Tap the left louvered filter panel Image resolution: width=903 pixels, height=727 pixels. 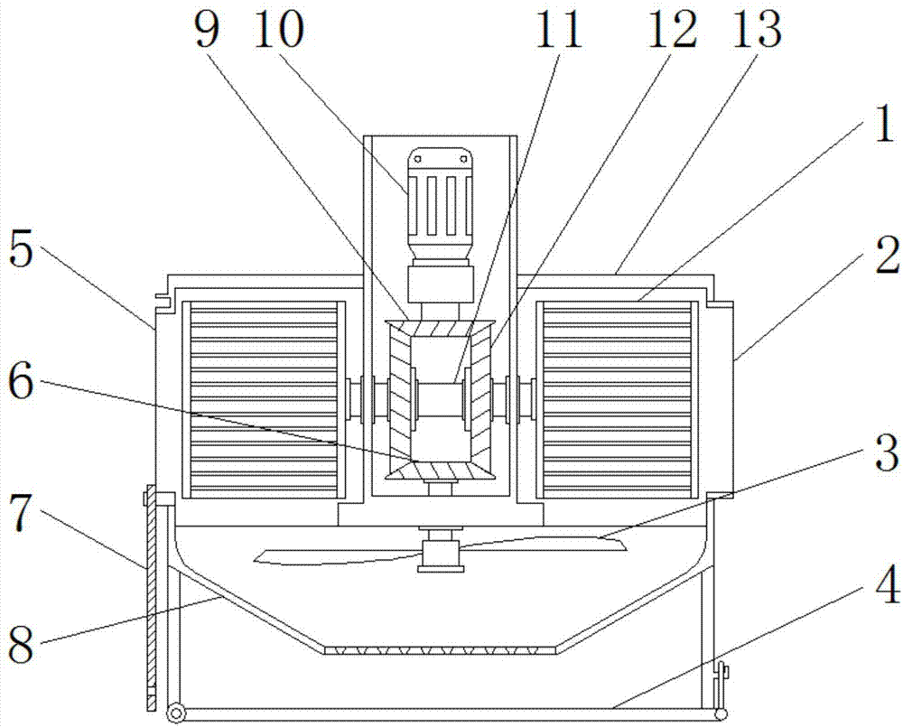(264, 387)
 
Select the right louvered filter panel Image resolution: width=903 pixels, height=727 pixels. (618, 387)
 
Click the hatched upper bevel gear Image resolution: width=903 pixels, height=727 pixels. (439, 303)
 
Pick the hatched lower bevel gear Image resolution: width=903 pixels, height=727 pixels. (439, 469)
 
